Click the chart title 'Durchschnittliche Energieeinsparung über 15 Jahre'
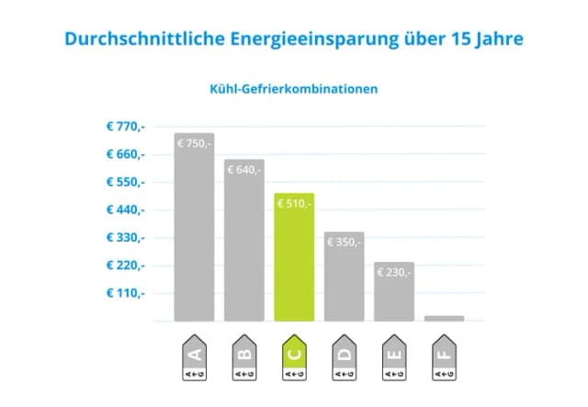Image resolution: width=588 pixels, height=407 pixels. point(293,40)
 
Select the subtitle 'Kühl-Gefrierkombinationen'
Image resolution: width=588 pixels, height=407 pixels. point(293,90)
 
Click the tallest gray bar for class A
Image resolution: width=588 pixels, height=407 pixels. point(194,239)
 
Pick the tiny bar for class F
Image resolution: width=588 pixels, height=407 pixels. point(444,318)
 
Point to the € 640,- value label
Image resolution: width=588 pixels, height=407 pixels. point(243,169)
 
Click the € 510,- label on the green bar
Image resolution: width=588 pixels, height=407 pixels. point(294,203)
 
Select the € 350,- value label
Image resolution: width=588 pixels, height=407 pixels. point(344,242)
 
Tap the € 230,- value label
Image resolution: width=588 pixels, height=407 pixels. point(394,272)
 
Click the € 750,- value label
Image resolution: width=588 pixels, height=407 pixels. point(194,143)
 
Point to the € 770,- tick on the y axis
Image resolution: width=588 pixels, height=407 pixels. point(126,126)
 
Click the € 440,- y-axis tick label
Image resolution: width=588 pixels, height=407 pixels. point(126,209)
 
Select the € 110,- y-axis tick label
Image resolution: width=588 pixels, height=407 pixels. point(126,293)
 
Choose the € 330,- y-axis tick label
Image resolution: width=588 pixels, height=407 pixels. point(126,238)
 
